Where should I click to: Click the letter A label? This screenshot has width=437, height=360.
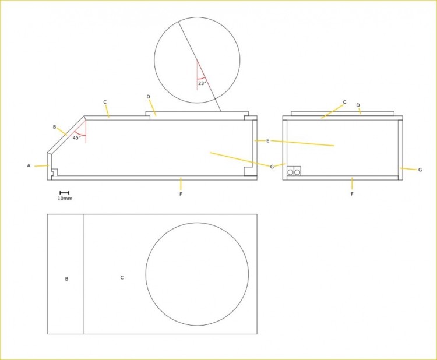(x=29, y=166)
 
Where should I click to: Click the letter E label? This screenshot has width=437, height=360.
(x=268, y=141)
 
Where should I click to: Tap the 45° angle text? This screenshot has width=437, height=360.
(x=77, y=137)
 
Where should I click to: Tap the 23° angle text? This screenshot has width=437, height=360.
(x=202, y=83)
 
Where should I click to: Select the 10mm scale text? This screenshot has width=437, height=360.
(x=65, y=199)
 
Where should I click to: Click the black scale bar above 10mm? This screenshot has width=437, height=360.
(x=64, y=193)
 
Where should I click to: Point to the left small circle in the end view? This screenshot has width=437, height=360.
(x=290, y=172)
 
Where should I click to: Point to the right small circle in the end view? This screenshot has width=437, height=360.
(x=297, y=172)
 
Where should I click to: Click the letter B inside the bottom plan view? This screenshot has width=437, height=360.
(x=66, y=279)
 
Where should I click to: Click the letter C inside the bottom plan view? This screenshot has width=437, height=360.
(x=122, y=277)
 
